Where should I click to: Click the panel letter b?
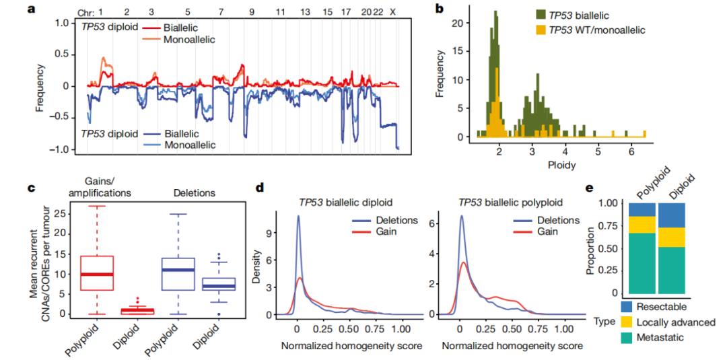click(440, 9)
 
